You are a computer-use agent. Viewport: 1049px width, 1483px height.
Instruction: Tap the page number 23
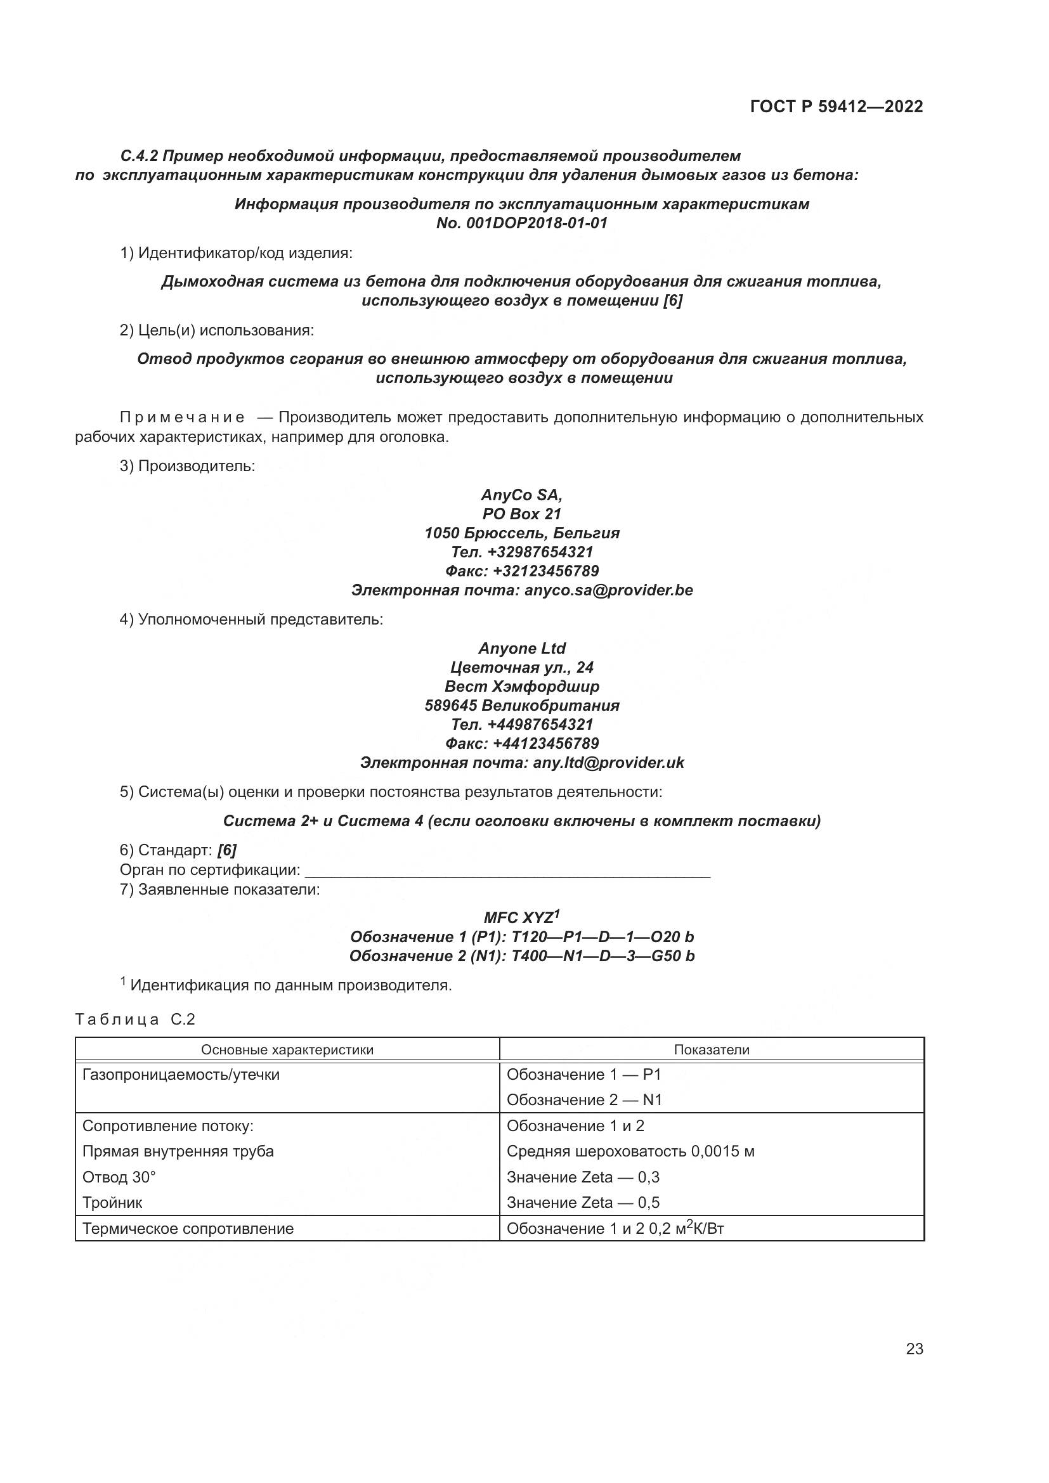click(x=914, y=1349)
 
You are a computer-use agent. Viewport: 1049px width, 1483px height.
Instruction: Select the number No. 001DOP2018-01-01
click(x=522, y=223)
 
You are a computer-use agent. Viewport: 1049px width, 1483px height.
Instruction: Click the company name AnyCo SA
click(x=521, y=495)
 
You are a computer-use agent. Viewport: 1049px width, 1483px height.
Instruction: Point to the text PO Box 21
click(x=521, y=514)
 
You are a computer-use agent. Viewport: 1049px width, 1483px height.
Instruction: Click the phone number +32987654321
click(x=540, y=552)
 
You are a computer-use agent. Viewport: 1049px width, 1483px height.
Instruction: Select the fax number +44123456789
click(x=545, y=744)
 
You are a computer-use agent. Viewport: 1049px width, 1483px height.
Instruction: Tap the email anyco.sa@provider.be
click(x=608, y=590)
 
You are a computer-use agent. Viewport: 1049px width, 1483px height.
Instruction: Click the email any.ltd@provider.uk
click(x=608, y=763)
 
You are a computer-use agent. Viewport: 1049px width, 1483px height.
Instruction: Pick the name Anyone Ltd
click(x=522, y=649)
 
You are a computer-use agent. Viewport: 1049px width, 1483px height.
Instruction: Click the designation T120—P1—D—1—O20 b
click(x=602, y=937)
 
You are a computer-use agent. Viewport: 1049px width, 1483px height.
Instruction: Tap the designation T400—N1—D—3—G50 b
click(x=603, y=956)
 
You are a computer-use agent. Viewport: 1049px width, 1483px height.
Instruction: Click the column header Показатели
click(x=711, y=1049)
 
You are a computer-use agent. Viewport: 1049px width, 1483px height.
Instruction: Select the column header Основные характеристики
click(x=287, y=1049)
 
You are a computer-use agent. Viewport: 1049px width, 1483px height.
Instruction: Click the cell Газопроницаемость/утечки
click(x=181, y=1075)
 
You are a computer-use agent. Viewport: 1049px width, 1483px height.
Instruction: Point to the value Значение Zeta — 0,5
click(x=583, y=1203)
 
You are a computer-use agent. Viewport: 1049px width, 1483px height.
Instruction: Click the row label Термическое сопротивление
click(x=188, y=1229)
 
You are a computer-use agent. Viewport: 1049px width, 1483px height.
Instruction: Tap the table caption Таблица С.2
click(x=135, y=1020)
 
